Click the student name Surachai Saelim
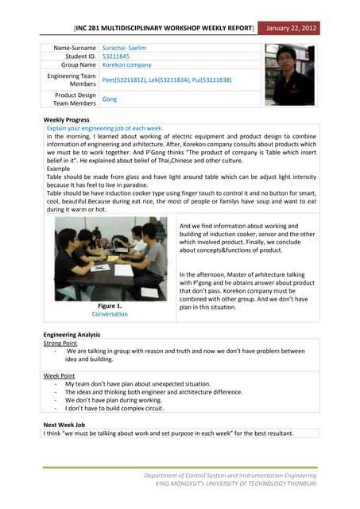pos(125,48)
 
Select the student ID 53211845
pos(117,56)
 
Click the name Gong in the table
pos(110,99)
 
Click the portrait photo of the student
pos(289,75)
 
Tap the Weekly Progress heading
pos(66,119)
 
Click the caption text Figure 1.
pos(109,305)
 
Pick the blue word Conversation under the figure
pos(109,314)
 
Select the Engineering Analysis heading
pos(72,335)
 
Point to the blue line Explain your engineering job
pos(105,127)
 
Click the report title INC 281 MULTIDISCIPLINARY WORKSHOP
pos(164,29)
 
